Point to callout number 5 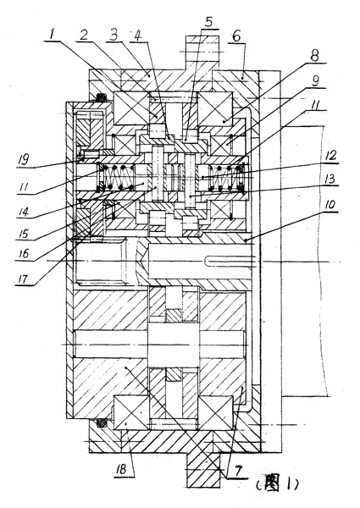pos(208,22)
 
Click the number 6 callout pos(237,37)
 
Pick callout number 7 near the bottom pos(237,472)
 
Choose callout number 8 pos(314,55)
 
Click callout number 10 pos(328,206)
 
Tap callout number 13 pos(330,179)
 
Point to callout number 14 pos(23,213)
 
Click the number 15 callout pos(23,234)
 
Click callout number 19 pos(24,159)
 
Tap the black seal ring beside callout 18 pos(102,422)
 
